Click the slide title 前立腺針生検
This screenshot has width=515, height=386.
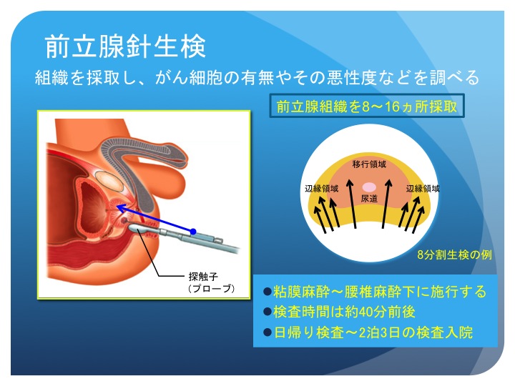(125, 46)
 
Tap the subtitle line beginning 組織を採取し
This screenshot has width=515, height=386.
(257, 78)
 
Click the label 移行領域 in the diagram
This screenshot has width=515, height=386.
(369, 164)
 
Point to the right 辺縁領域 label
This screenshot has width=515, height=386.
(422, 189)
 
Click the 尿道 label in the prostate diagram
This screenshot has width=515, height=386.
(369, 197)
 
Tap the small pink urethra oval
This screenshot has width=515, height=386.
(369, 187)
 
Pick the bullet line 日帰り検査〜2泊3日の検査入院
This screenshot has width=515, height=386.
(368, 332)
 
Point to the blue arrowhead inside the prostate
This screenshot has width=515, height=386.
(121, 207)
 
